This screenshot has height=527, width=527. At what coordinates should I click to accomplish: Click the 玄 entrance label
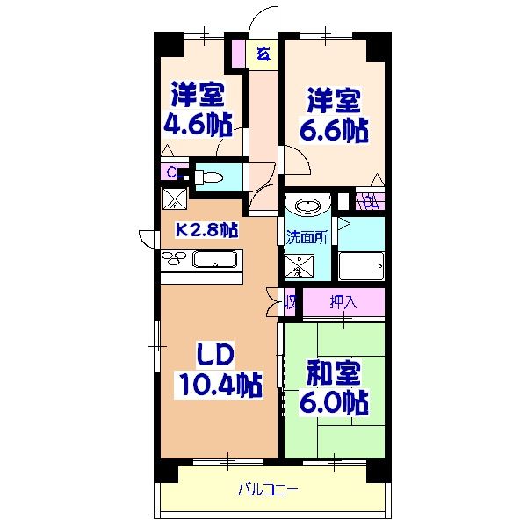tap(262, 54)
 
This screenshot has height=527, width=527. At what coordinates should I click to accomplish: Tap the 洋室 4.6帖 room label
tap(197, 109)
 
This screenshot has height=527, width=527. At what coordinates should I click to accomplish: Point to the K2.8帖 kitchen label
tap(208, 231)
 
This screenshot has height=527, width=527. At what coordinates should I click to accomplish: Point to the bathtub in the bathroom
tap(361, 263)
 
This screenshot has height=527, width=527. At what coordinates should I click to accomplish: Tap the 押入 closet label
tap(343, 302)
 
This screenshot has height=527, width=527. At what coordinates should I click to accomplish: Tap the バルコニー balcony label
tap(269, 489)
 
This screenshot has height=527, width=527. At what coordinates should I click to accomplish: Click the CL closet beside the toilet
tap(173, 172)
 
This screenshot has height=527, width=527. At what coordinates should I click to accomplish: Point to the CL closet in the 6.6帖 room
tap(370, 200)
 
